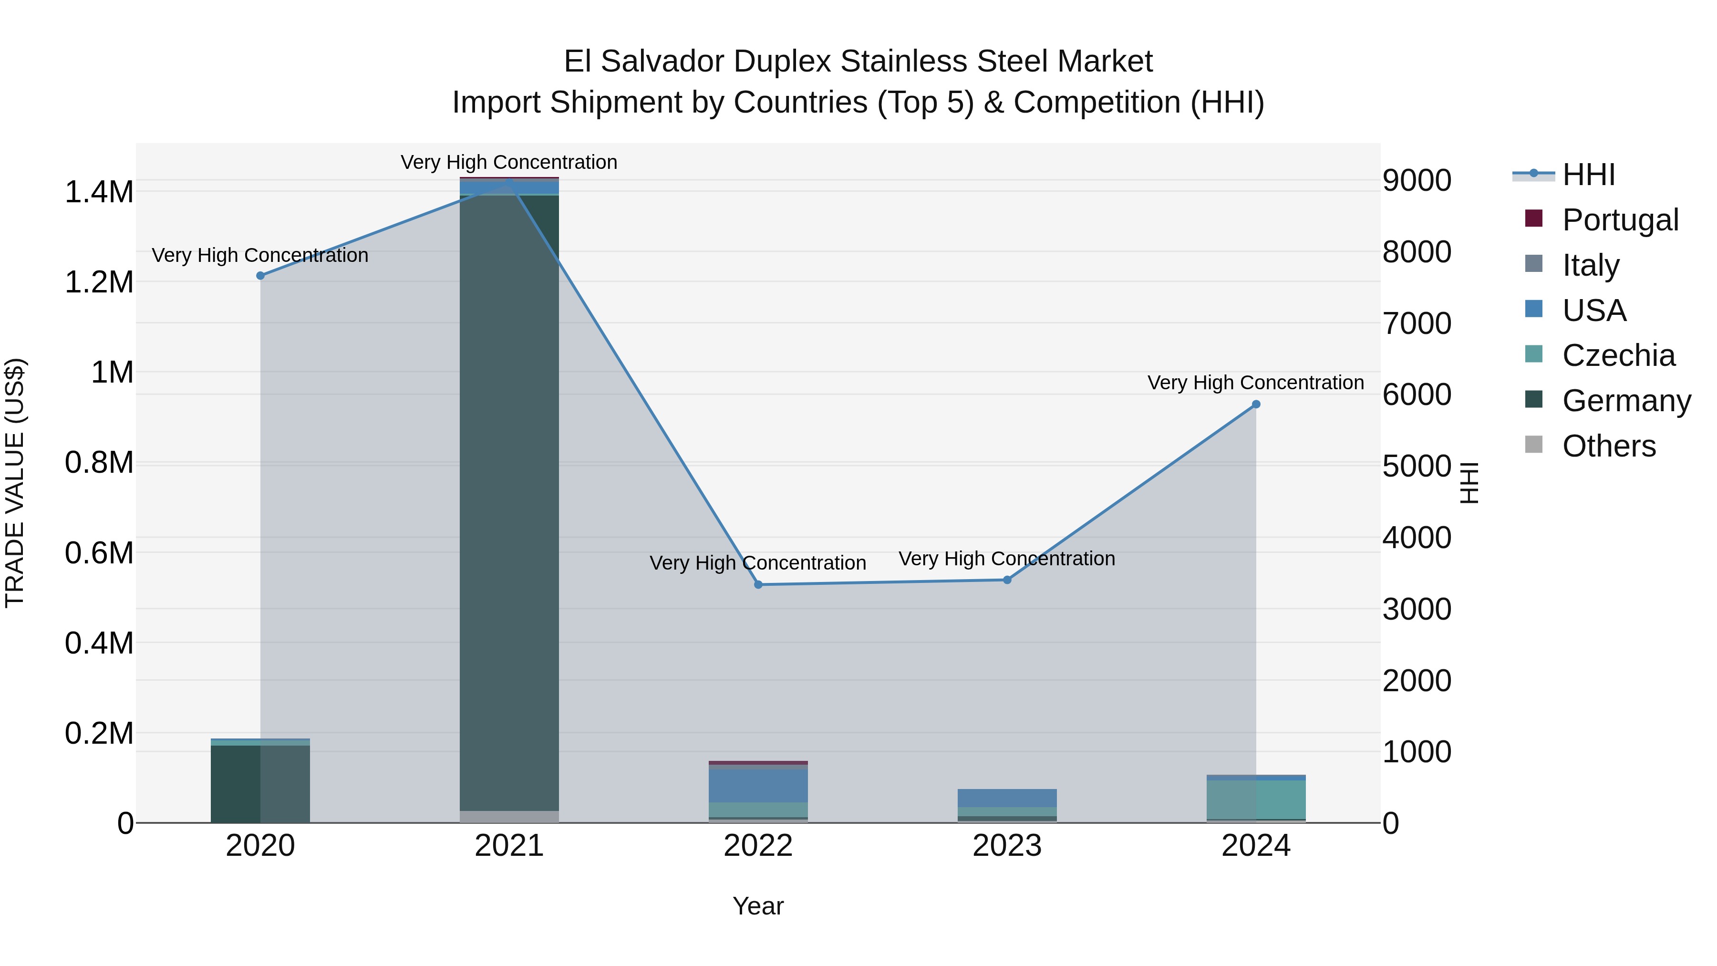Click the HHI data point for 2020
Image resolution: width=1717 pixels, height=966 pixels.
[x=260, y=275]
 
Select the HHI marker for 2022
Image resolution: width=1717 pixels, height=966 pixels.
[x=758, y=585]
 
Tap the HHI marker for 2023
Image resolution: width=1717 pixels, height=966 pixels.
[x=1007, y=580]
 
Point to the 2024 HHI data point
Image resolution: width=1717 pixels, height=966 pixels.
[x=1256, y=404]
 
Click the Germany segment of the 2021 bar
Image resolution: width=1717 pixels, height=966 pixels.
[x=509, y=500]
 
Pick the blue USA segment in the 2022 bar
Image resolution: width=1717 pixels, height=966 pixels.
[x=758, y=785]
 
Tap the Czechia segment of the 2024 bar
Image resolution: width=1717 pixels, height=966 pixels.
[x=1256, y=799]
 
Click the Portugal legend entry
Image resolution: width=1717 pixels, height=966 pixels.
[x=1620, y=220]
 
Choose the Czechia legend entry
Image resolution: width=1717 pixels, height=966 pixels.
[x=1618, y=355]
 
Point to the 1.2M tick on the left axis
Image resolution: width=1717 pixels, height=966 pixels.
[x=99, y=282]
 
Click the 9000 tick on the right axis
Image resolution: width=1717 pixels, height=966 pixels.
[x=1417, y=181]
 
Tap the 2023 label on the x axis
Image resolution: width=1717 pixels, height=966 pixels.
[x=1007, y=846]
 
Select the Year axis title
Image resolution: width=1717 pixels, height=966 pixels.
[x=758, y=906]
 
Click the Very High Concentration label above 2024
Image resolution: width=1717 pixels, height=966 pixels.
[x=1255, y=383]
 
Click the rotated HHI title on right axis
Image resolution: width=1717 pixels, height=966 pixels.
[x=1469, y=483]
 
